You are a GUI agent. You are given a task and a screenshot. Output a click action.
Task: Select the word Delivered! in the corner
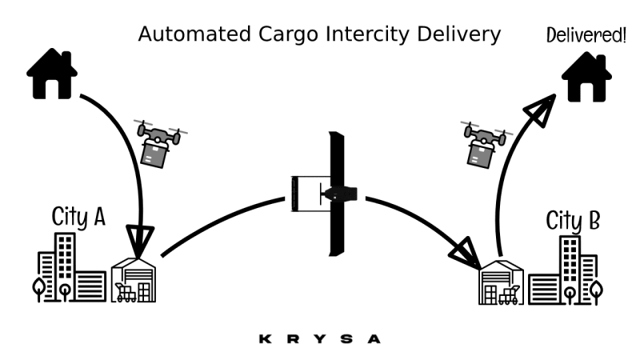[x=586, y=34]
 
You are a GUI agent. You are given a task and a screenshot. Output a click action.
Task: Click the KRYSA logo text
[x=320, y=338]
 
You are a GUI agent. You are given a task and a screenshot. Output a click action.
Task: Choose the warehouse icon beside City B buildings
[x=501, y=285]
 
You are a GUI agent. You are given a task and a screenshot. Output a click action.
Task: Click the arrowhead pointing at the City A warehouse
[x=142, y=241]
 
